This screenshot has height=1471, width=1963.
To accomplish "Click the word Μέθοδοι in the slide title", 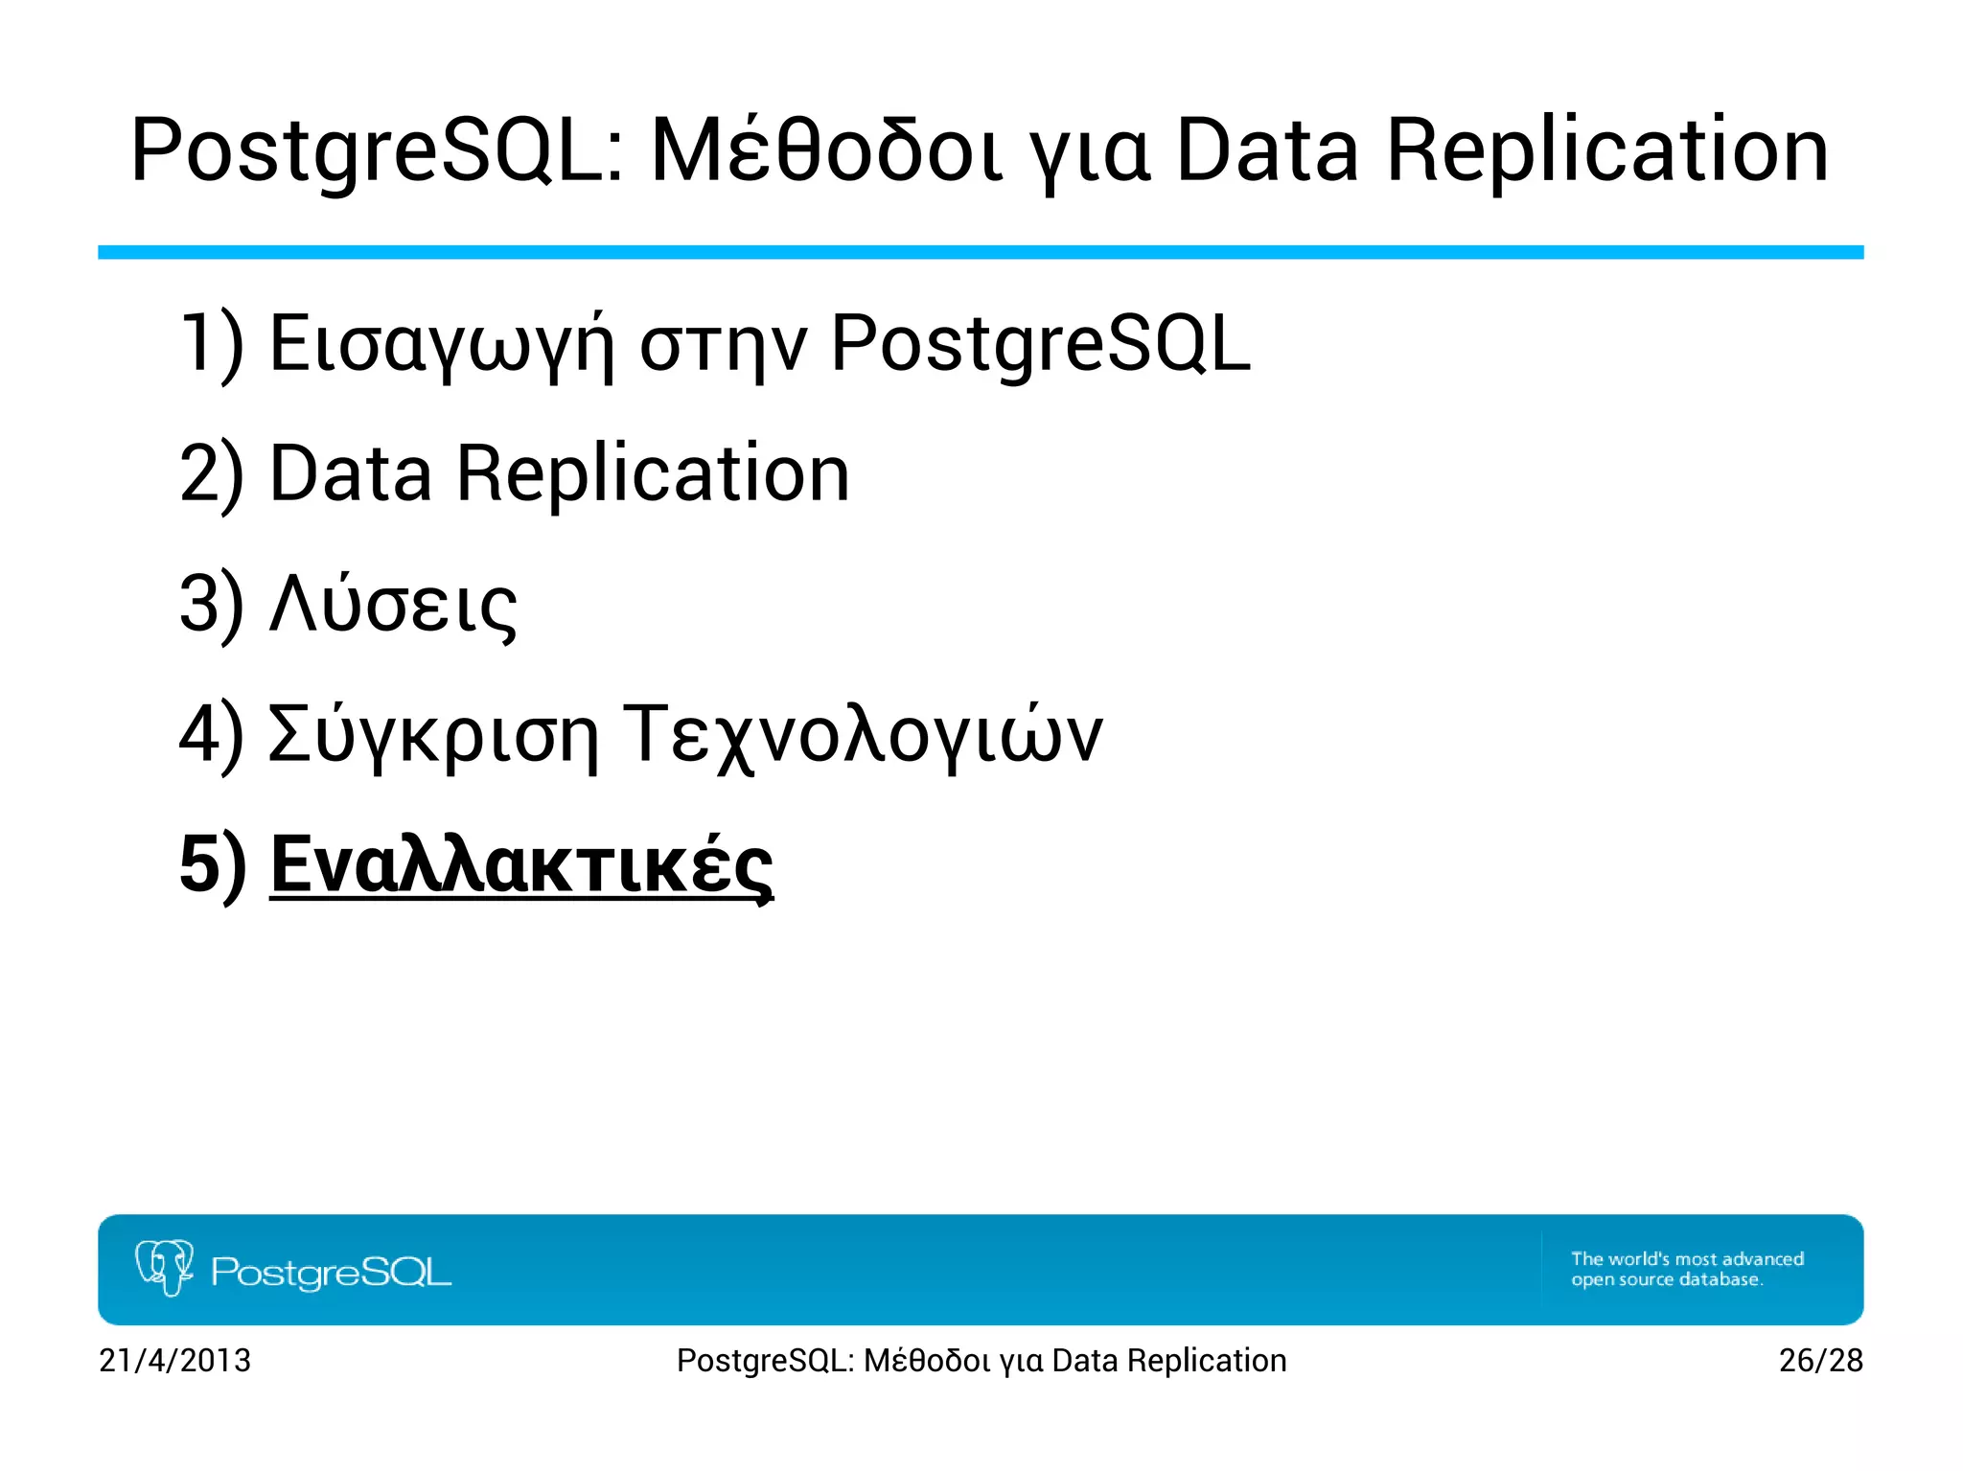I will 826,150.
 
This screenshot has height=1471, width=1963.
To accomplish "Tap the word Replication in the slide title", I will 1607,150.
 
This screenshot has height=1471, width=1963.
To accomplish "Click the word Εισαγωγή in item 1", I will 440,344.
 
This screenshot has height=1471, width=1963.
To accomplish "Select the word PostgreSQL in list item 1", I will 1040,344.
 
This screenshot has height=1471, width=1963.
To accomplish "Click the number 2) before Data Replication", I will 212,473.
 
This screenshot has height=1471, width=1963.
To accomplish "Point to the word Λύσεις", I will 393,605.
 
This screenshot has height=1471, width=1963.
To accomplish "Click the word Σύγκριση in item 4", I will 432,735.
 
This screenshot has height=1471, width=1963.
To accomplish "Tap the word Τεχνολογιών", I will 863,735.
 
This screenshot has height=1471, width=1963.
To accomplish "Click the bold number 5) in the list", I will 212,864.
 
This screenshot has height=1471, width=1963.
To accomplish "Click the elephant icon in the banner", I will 165,1268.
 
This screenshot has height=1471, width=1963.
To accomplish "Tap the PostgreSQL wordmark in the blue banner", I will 331,1273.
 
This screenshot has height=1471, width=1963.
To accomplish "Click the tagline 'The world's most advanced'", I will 1687,1258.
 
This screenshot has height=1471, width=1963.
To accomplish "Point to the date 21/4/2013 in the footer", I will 174,1360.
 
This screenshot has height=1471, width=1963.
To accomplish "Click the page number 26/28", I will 1820,1360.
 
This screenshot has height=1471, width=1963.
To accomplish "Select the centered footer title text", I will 981,1360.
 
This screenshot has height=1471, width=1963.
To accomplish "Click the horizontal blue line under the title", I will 981,252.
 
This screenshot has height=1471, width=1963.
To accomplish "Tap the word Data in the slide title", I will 1266,150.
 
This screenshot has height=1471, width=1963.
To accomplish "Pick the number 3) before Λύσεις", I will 212,605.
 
